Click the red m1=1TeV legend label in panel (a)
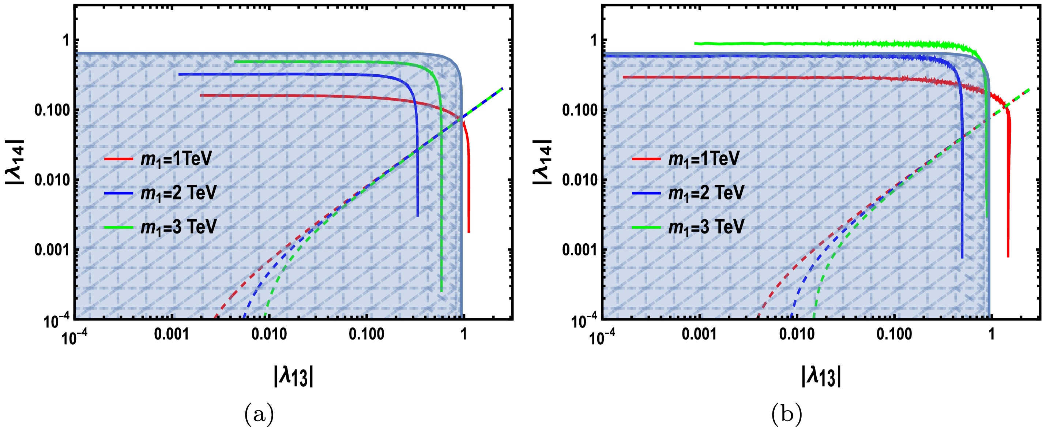click(176, 158)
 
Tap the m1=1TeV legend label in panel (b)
click(704, 158)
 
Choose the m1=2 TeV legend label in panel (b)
click(706, 192)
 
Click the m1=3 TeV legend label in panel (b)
click(706, 227)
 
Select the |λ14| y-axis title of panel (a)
click(15, 162)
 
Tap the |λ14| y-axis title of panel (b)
click(542, 162)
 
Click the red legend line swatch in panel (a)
click(118, 159)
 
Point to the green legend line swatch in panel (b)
click(647, 227)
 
